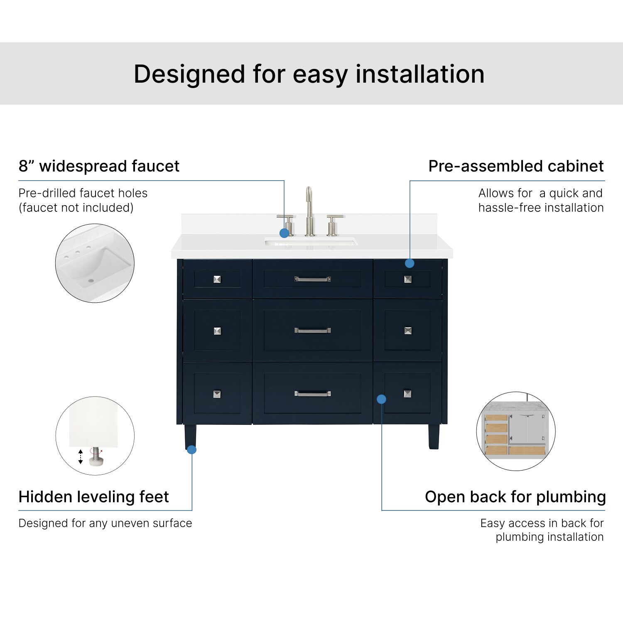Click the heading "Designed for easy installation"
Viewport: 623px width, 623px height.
click(x=309, y=74)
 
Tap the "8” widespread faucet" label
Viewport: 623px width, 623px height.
click(x=99, y=166)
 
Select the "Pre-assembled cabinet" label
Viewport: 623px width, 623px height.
click(x=516, y=166)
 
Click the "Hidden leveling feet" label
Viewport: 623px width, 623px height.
click(x=94, y=497)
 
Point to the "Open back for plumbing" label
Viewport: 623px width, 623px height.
click(x=515, y=497)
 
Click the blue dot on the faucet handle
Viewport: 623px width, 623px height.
click(x=284, y=233)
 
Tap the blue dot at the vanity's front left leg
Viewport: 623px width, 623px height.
click(x=191, y=449)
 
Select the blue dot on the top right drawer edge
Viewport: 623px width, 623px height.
click(x=410, y=263)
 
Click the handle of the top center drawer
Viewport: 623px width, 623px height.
click(x=313, y=279)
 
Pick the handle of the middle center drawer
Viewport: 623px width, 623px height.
click(x=313, y=331)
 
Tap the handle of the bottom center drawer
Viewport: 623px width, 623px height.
click(x=313, y=394)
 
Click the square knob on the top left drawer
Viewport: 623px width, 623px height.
click(x=217, y=279)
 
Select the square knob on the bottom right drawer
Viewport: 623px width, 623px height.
click(x=408, y=394)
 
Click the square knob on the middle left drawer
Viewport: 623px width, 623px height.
click(x=217, y=331)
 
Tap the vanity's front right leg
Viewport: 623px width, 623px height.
click(x=434, y=437)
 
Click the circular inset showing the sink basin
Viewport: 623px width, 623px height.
click(x=95, y=263)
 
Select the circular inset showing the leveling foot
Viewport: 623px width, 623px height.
click(x=95, y=436)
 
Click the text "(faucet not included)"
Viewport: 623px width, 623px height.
click(x=76, y=207)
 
